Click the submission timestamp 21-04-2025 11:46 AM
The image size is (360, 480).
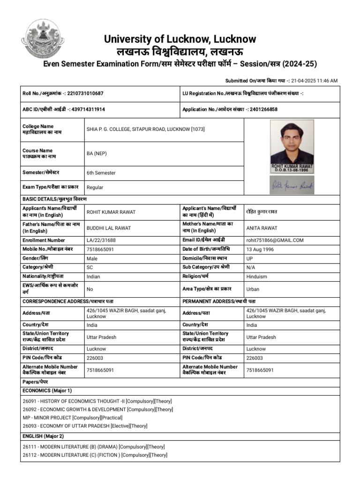pos(314,81)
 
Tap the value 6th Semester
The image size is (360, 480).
pos(101,173)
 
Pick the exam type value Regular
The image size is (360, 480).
pos(95,187)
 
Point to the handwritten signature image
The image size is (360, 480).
pos(292,186)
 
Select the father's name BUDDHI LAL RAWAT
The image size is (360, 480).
pos(109,228)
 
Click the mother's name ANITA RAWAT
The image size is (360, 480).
pos(262,228)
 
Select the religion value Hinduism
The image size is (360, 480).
pos(257,277)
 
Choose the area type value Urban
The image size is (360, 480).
pos(253,289)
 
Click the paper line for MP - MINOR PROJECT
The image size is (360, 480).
pos(73,417)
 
